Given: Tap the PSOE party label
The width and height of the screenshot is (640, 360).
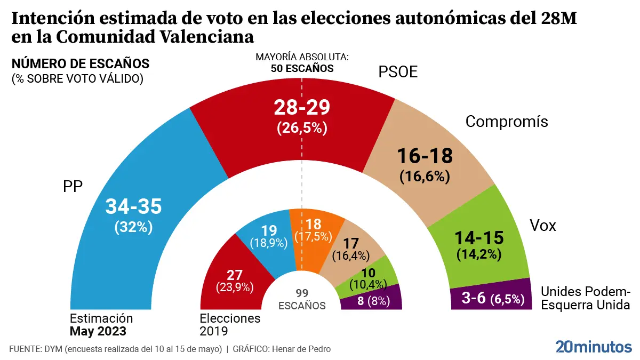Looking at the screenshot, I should point(398,73).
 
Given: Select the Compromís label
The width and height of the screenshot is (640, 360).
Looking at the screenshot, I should point(507,122).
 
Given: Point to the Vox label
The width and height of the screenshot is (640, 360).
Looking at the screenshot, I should point(542,226).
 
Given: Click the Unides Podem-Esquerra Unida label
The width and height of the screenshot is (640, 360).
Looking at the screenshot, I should point(586,298).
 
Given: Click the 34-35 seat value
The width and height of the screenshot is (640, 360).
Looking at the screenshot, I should point(134,206).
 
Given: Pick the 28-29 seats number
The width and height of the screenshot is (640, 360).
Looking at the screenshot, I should point(302,107).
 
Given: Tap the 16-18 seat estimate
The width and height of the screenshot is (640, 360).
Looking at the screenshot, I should point(425,156).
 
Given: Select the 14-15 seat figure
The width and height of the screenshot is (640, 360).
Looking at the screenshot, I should point(478,237).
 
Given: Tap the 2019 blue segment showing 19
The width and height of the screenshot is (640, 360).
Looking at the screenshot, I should point(267,235).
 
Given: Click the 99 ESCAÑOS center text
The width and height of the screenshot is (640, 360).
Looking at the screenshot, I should point(302,299).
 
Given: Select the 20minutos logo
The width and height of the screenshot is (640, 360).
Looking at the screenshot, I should point(593,347).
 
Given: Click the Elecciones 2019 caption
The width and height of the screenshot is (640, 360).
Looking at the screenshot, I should point(230,324).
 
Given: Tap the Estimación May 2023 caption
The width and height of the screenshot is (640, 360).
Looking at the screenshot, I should point(101,324).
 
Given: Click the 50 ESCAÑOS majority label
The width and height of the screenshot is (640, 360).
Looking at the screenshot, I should point(302,68).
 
